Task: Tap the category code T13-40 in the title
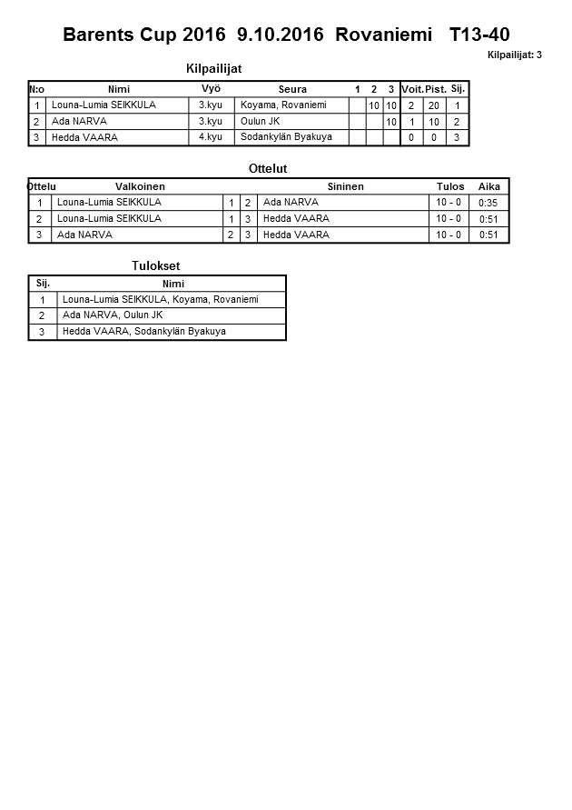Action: [478, 35]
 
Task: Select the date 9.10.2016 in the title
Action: [280, 35]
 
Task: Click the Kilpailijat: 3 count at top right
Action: [514, 55]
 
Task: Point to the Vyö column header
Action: [211, 89]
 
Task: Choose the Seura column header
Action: [292, 89]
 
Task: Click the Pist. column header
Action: [435, 89]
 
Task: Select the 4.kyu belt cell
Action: [211, 137]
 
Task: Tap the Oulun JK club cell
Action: [261, 122]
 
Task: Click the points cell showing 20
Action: [434, 105]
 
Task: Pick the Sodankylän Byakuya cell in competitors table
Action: [286, 137]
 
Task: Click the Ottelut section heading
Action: [268, 169]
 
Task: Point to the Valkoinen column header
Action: [140, 186]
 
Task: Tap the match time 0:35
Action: [488, 203]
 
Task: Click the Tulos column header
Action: [450, 186]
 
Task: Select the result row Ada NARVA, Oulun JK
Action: [113, 315]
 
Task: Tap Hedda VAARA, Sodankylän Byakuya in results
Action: [144, 332]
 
